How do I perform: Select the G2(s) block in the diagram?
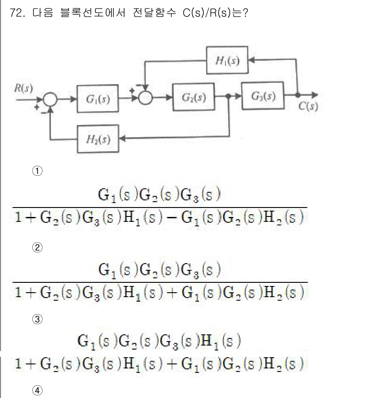pyautogui.click(x=194, y=97)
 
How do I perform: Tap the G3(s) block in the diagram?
pyautogui.click(x=263, y=96)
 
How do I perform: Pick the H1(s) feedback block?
pyautogui.click(x=227, y=61)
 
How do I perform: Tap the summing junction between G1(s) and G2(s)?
pyautogui.click(x=145, y=97)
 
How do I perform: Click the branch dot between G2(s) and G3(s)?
pyautogui.click(x=229, y=96)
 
